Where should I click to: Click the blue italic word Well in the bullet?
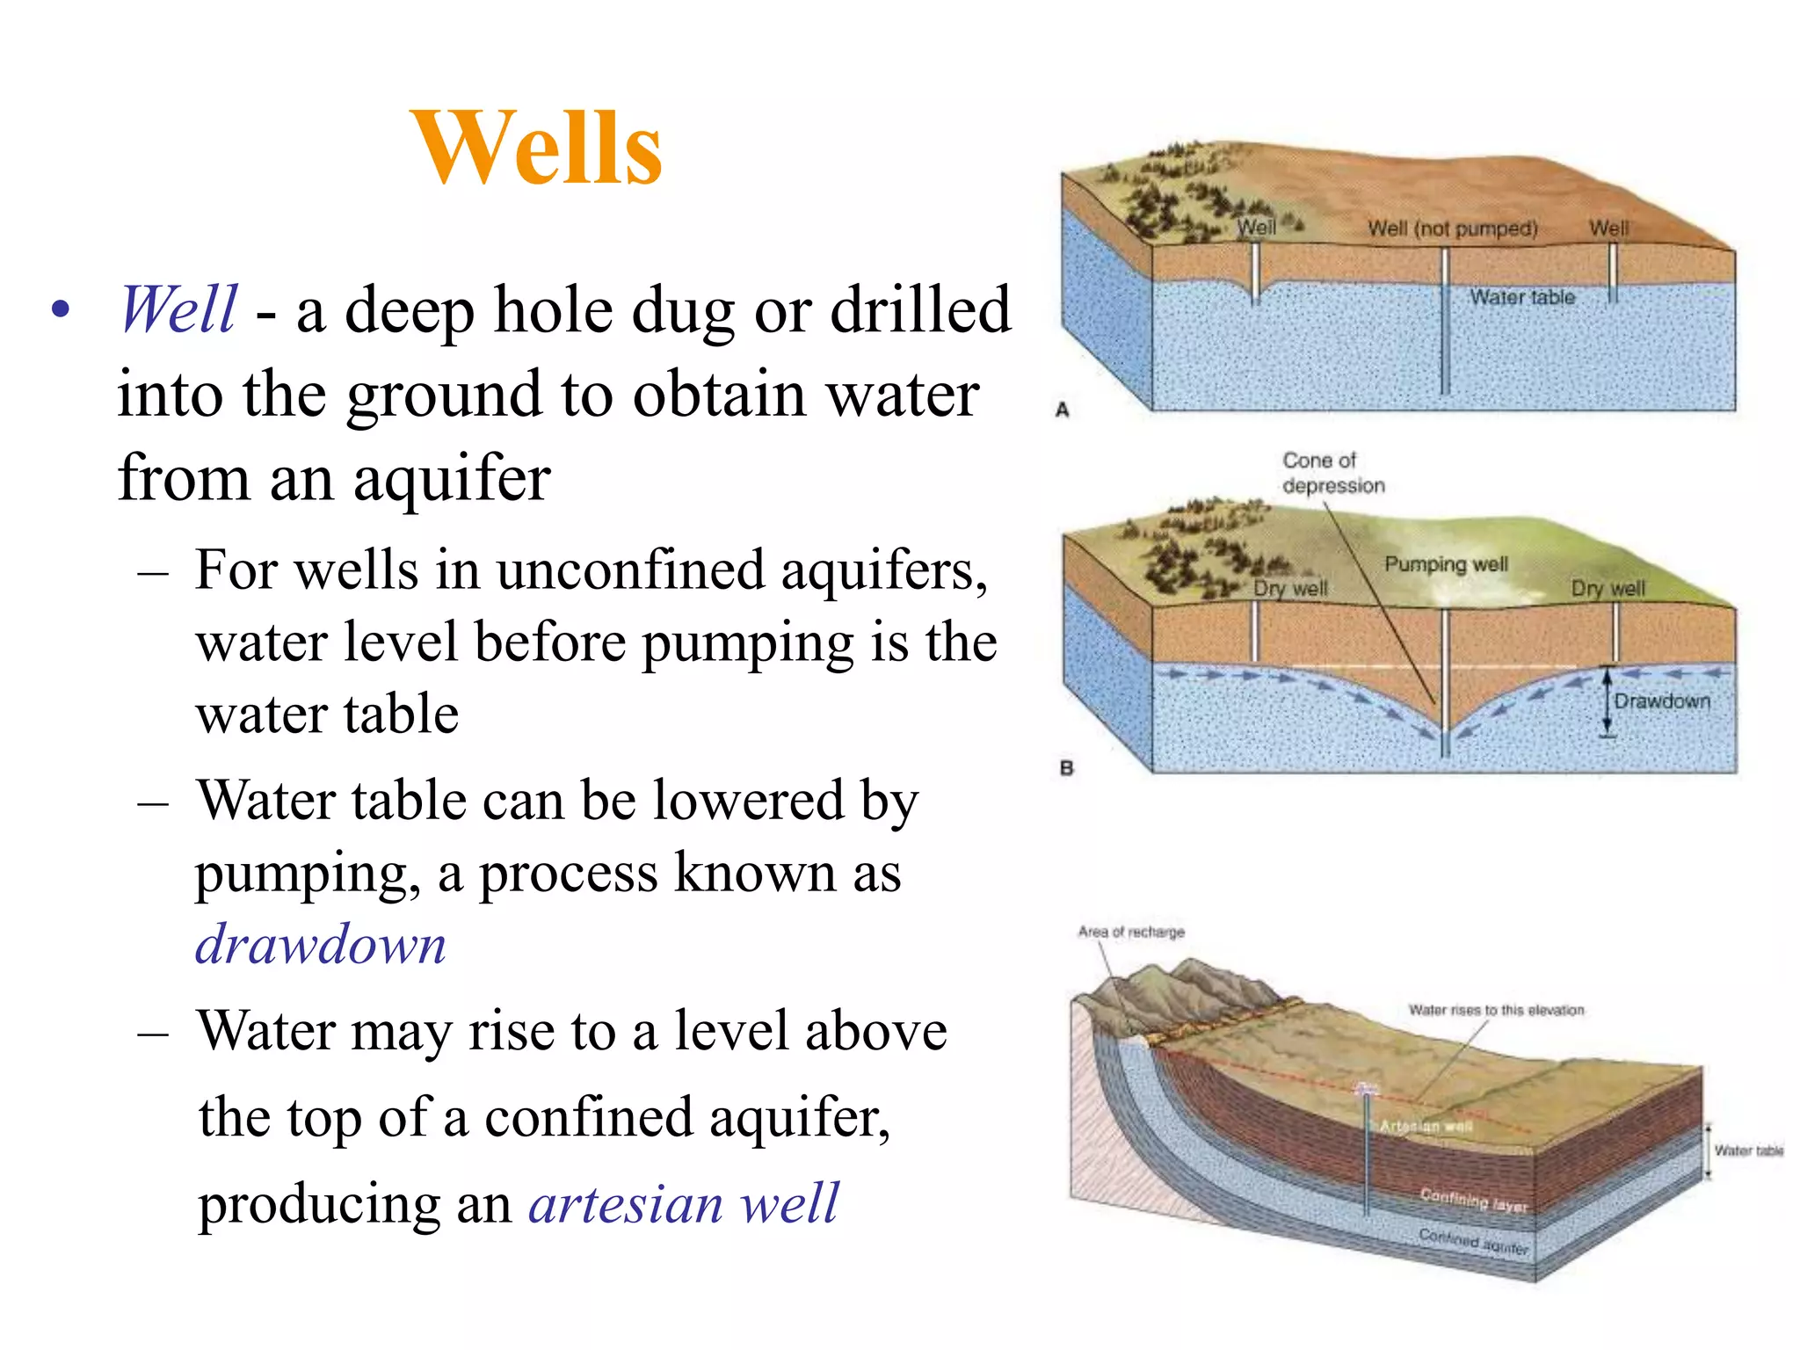point(178,309)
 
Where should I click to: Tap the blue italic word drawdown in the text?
point(321,945)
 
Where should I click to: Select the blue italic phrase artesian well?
point(684,1202)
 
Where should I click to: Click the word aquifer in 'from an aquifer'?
point(452,479)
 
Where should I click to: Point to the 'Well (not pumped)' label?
point(1452,229)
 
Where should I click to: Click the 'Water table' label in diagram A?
point(1522,297)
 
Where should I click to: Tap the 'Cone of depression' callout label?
point(1332,473)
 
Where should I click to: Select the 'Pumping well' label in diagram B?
point(1446,563)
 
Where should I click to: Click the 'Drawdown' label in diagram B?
point(1662,700)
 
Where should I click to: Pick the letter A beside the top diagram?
point(1063,410)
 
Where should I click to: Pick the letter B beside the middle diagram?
point(1067,768)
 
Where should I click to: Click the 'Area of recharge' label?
point(1131,932)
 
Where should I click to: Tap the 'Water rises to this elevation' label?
point(1496,1010)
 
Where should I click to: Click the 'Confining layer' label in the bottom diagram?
point(1474,1200)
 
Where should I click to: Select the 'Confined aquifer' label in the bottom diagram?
point(1473,1241)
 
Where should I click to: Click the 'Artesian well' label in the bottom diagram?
point(1426,1126)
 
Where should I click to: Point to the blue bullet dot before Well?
point(60,309)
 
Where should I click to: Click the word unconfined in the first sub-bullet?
point(632,570)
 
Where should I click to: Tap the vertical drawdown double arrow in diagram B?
point(1608,702)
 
